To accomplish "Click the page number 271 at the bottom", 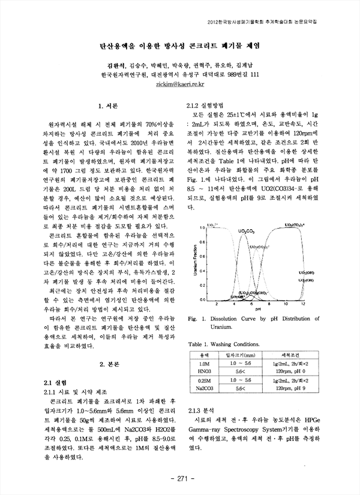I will tap(180, 478).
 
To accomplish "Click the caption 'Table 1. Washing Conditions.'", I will tap(230, 345).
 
